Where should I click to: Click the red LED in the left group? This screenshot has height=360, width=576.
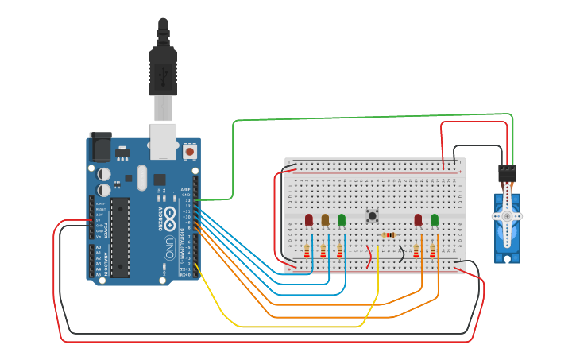[x=309, y=219]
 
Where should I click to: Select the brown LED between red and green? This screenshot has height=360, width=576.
[x=325, y=219]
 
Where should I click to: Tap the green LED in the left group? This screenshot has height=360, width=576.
[x=342, y=219]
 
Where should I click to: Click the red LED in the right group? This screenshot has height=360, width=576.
[x=418, y=219]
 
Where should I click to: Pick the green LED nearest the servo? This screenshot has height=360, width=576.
[x=435, y=219]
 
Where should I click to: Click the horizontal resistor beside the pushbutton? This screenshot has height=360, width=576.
[x=389, y=235]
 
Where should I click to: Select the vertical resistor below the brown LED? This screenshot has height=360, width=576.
[x=323, y=251]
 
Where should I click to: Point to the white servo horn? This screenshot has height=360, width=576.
[x=507, y=215]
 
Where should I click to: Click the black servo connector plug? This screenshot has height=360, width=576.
[x=507, y=172]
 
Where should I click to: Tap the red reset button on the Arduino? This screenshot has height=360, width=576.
[x=189, y=150]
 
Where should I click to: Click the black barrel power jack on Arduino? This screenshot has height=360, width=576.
[x=100, y=147]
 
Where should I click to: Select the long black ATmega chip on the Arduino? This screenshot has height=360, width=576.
[x=119, y=237]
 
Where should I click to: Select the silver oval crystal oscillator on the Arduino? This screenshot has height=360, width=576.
[x=142, y=177]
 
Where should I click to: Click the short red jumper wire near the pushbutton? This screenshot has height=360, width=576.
[x=369, y=256]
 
